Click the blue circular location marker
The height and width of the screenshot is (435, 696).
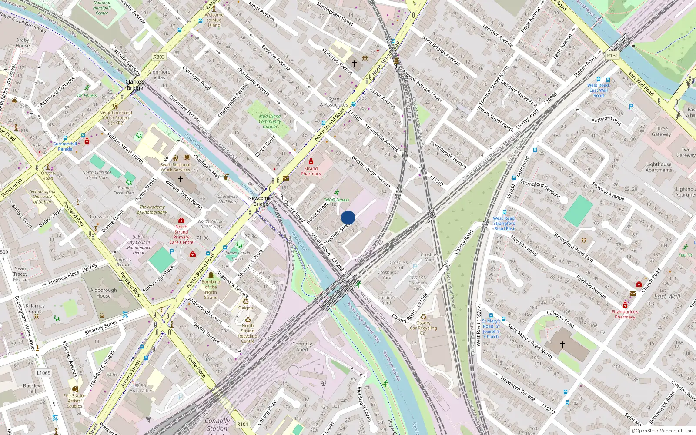pyautogui.click(x=348, y=217)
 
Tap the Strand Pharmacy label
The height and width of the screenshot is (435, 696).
pyautogui.click(x=311, y=171)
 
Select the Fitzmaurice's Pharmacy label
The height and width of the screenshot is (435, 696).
pyautogui.click(x=625, y=314)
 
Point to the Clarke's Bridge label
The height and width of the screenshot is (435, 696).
pyautogui.click(x=135, y=85)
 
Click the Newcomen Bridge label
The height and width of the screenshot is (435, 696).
pyautogui.click(x=261, y=201)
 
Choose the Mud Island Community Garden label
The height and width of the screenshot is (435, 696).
pyautogui.click(x=270, y=121)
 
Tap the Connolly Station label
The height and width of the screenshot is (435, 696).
pyautogui.click(x=217, y=425)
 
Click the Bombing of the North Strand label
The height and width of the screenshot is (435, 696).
pyautogui.click(x=211, y=289)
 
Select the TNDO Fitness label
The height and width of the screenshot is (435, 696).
pyautogui.click(x=336, y=200)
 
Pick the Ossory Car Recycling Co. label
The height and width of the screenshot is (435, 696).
pyautogui.click(x=423, y=328)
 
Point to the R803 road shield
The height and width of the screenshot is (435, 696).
pyautogui.click(x=159, y=57)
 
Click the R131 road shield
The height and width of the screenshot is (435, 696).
pyautogui.click(x=612, y=56)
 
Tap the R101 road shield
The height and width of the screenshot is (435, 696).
pyautogui.click(x=243, y=424)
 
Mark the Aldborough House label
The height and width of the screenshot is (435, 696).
pyautogui.click(x=104, y=293)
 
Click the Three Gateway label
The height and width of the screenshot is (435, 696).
pyautogui.click(x=661, y=131)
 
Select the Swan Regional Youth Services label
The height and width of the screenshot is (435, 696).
pyautogui.click(x=175, y=167)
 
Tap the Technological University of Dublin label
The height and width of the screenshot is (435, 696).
pyautogui.click(x=42, y=197)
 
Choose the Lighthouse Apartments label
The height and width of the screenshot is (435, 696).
pyautogui.click(x=659, y=167)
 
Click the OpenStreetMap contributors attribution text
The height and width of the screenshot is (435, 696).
pyautogui.click(x=664, y=431)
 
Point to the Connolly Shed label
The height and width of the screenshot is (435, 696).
pyautogui.click(x=302, y=346)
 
